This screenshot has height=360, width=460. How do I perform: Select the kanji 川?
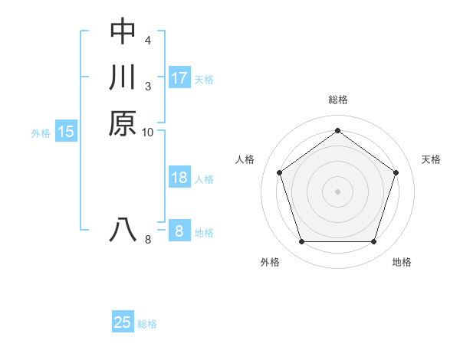pyautogui.click(x=123, y=77)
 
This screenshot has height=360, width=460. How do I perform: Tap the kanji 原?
pyautogui.click(x=123, y=123)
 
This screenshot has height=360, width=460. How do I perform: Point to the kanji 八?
pyautogui.click(x=123, y=231)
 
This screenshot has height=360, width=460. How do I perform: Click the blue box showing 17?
pyautogui.click(x=179, y=77)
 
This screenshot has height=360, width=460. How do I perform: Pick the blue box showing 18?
pyautogui.click(x=179, y=178)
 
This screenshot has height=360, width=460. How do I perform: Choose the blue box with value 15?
pyautogui.click(x=66, y=132)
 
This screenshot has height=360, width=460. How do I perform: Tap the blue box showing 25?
pyautogui.click(x=123, y=322)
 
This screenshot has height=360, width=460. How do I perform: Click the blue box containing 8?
pyautogui.click(x=179, y=231)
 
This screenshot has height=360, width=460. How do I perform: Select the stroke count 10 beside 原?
pyautogui.click(x=148, y=133)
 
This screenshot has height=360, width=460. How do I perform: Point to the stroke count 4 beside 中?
pyautogui.click(x=148, y=39)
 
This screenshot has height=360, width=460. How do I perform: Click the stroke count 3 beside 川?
pyautogui.click(x=148, y=86)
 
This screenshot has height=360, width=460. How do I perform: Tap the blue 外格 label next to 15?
pyautogui.click(x=41, y=133)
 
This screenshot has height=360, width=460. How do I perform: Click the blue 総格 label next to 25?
pyautogui.click(x=147, y=324)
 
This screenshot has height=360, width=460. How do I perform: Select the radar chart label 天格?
pyautogui.click(x=431, y=159)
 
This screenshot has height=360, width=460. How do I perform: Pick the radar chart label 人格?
pyautogui.click(x=245, y=159)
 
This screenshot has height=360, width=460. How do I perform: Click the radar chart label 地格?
pyautogui.click(x=402, y=262)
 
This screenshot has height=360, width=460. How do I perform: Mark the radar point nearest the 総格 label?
pyautogui.click(x=337, y=130)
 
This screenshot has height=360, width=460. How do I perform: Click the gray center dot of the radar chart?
pyautogui.click(x=337, y=191)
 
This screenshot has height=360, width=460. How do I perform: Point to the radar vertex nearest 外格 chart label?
pyautogui.click(x=301, y=242)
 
